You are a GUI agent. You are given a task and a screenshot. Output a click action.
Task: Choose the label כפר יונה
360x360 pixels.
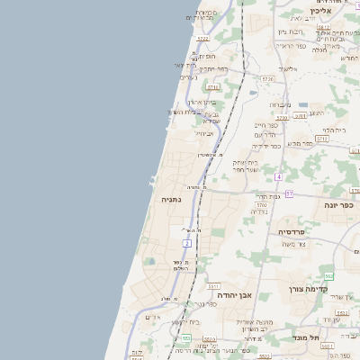pos(338,205)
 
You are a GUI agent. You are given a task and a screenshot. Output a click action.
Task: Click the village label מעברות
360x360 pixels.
pos(280,104)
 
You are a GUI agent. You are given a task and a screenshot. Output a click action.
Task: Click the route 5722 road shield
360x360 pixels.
pos(202,39)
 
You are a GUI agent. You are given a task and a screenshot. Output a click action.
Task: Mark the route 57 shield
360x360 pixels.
pos(289,193)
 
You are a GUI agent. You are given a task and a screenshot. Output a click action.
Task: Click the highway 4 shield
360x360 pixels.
pos(279,175)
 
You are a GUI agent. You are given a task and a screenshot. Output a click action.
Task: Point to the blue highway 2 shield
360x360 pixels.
pos(187,243)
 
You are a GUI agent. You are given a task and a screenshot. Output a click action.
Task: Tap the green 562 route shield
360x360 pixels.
pos(328,275)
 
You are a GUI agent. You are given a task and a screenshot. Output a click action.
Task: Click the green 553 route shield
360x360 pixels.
pos(186,338)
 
